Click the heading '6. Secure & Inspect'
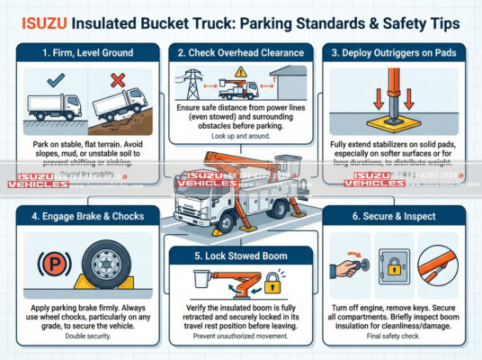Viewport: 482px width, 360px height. click(400, 217)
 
